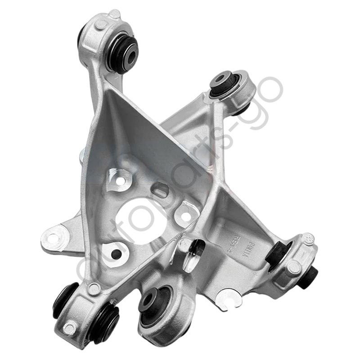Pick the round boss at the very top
pos(114,14)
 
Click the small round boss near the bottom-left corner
pos(70,327)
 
